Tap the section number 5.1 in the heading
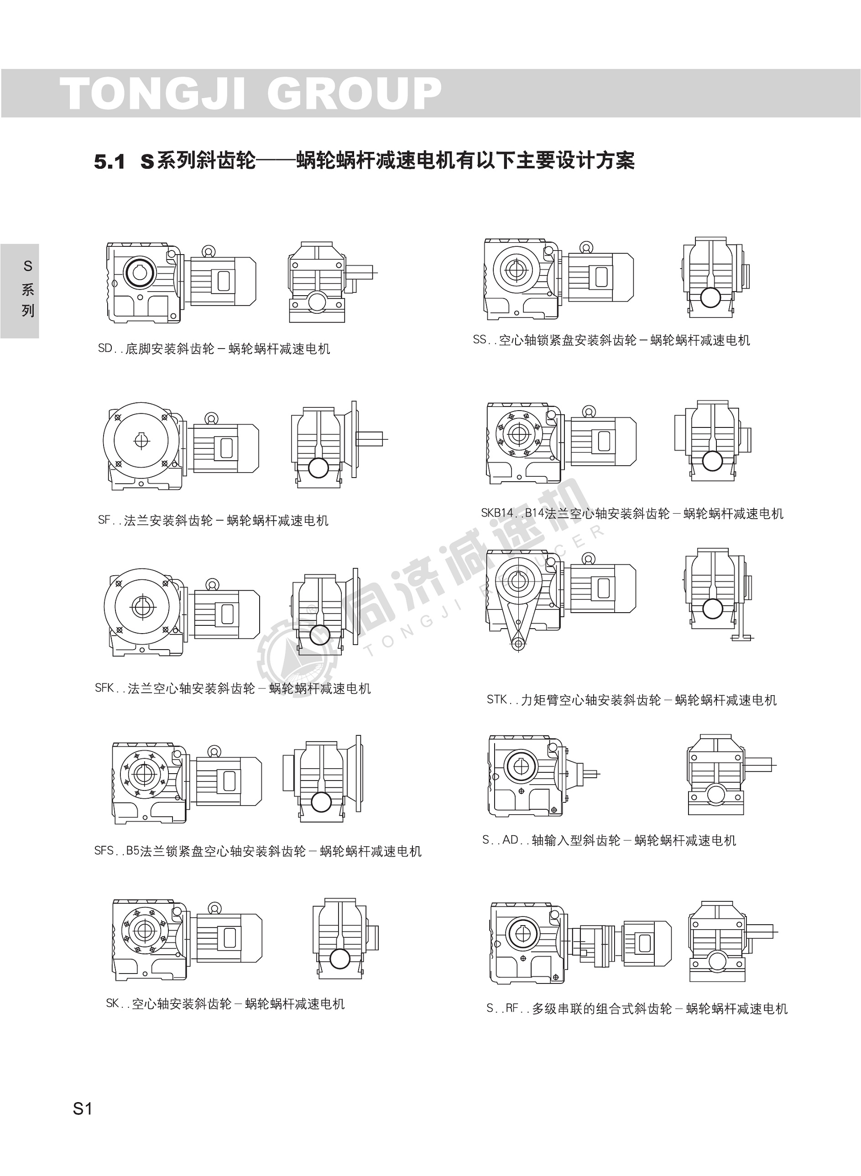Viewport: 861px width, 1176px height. click(x=110, y=162)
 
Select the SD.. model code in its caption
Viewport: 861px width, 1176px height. click(x=111, y=349)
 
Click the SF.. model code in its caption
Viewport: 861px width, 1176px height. click(x=110, y=520)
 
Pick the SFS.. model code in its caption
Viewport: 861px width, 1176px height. click(x=110, y=851)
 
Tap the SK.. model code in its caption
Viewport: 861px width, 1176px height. click(x=118, y=1004)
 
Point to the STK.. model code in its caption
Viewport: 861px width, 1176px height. click(x=503, y=700)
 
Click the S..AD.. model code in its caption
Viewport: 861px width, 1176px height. click(x=506, y=840)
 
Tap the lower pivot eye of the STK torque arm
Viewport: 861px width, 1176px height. click(x=518, y=645)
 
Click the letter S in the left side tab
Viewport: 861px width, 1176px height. click(x=28, y=266)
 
